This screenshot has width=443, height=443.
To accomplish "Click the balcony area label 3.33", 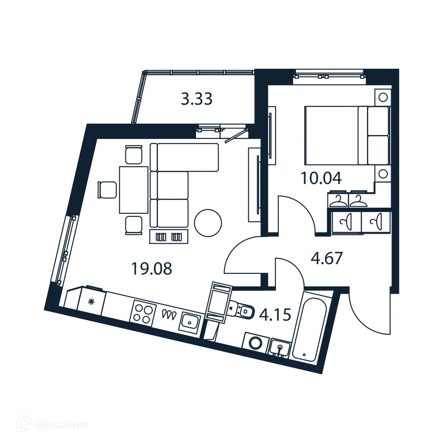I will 196,99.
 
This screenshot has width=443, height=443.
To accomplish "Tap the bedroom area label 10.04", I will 321,178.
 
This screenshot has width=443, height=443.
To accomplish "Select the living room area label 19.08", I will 151,269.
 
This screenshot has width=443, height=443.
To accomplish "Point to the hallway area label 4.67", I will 327,258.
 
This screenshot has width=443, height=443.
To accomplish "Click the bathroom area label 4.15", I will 274,314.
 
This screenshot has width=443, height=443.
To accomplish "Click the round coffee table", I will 208,223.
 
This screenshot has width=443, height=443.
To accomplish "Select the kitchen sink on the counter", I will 190,321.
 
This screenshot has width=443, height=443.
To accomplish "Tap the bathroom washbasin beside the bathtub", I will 280,348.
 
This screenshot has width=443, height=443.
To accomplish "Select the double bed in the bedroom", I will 346,135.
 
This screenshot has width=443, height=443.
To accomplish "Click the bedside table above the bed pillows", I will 382,97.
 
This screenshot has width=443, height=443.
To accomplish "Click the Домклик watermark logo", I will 51,424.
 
